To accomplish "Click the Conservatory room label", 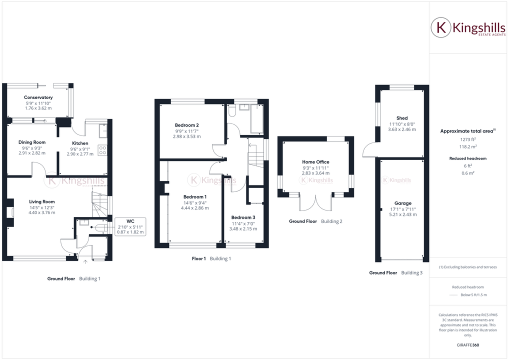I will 38,97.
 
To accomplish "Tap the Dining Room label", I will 32,142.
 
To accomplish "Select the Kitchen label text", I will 80,143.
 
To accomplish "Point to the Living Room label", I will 41,201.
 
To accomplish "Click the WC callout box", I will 130,226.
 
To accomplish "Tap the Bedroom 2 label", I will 187,125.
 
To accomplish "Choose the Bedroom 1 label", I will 194,196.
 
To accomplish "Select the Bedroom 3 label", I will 243,217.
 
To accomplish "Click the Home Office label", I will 315,162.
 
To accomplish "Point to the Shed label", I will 402,118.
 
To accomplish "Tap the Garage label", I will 403,203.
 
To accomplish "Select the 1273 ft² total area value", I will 467,140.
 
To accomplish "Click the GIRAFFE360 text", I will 467,345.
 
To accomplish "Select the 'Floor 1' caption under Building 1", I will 198,258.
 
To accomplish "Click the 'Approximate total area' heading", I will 466,131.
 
